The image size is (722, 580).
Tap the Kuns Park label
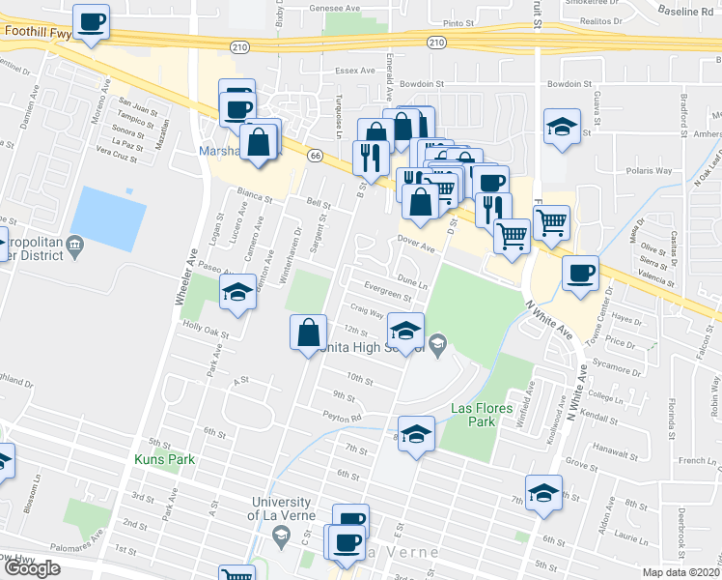tap(165, 459)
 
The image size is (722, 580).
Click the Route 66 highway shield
tap(315, 155)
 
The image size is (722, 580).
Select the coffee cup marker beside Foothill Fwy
tap(91, 21)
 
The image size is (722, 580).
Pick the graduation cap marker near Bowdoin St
tap(561, 128)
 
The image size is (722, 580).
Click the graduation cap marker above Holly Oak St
tap(237, 291)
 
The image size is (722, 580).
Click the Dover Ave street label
tap(417, 246)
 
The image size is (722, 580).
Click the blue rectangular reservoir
tap(108, 217)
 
